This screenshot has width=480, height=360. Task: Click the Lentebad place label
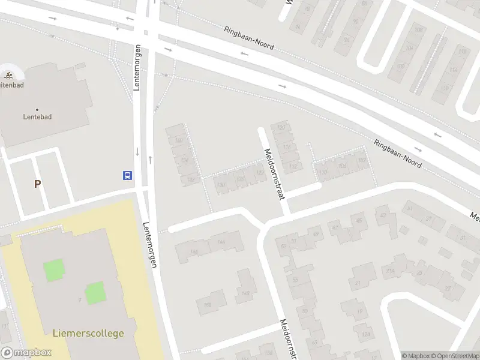click(x=38, y=116)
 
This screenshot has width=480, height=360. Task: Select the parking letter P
click(x=37, y=184)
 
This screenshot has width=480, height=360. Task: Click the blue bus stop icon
click(x=128, y=175)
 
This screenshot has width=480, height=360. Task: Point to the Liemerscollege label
click(x=88, y=333)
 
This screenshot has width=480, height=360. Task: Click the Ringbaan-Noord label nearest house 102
click(x=397, y=153)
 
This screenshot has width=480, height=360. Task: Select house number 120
click(x=279, y=128)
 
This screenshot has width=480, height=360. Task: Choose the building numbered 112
click(x=293, y=166)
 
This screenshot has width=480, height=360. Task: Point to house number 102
click(x=361, y=160)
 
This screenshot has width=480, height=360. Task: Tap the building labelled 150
click(x=208, y=305)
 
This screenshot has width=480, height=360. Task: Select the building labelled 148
click(x=245, y=293)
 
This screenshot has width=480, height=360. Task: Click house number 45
click(x=360, y=221)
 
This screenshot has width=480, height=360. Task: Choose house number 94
click(x=346, y=40)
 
